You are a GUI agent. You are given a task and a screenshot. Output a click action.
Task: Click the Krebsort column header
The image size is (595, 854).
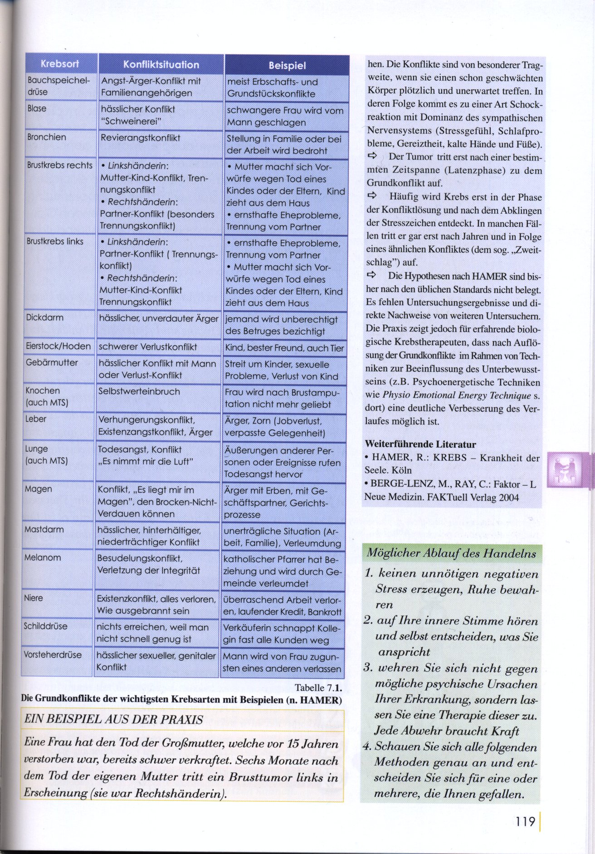[60, 63]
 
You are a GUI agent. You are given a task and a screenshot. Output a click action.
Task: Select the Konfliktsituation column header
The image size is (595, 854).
[161, 64]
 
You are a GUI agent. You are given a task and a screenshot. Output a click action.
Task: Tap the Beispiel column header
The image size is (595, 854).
[287, 65]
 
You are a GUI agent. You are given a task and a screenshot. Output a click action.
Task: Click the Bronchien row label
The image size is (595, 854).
[46, 137]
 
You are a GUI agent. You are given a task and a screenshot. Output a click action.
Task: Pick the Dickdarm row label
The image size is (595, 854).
[44, 317]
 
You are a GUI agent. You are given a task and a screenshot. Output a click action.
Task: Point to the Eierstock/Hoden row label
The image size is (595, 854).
[58, 346]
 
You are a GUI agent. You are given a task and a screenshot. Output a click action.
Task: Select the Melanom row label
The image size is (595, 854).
[43, 558]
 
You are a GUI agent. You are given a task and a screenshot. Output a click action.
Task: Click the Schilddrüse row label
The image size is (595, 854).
[45, 626]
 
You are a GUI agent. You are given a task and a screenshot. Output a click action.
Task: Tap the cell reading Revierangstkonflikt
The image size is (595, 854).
[141, 138]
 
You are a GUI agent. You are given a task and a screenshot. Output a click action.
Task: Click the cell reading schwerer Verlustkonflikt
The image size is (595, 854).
[148, 347]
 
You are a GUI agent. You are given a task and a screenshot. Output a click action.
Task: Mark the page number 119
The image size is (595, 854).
[525, 821]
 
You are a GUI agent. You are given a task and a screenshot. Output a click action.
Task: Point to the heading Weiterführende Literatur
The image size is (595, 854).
[420, 444]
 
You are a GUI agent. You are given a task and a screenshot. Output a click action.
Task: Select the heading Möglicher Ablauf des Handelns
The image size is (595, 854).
[451, 553]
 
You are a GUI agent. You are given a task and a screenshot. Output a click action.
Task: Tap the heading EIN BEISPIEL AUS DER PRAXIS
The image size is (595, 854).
[113, 720]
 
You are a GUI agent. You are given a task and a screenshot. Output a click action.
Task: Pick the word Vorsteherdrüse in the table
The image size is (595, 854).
[53, 655]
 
